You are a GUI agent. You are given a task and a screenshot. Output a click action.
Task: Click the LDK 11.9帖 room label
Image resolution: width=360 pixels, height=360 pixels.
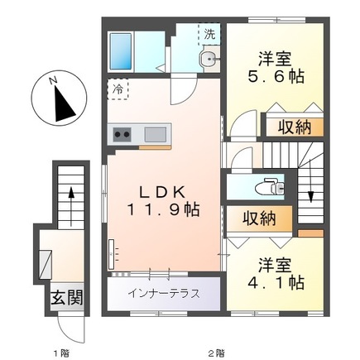(x=162, y=198)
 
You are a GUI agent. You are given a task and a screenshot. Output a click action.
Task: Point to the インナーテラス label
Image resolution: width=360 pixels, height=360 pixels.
(x=163, y=293)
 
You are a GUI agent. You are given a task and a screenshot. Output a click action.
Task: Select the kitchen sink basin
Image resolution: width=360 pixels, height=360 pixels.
(x=155, y=133)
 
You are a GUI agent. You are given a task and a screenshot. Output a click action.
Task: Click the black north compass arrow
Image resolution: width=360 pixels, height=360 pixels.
(x=63, y=102)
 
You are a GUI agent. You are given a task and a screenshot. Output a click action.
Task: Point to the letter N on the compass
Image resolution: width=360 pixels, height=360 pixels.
(x=52, y=80)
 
